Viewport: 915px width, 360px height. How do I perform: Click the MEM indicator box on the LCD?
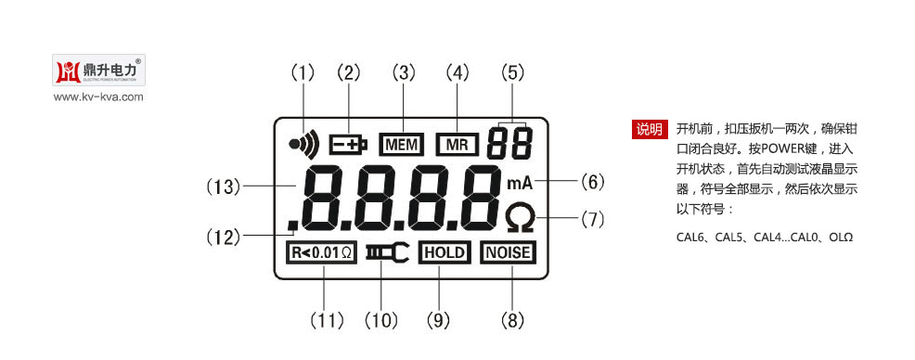(x=401, y=144)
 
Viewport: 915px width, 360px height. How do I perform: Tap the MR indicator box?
(x=457, y=144)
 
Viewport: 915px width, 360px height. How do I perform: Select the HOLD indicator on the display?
(x=445, y=252)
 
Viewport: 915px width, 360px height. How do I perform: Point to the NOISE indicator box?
(x=509, y=252)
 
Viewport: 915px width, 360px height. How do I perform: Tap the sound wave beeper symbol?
(x=303, y=143)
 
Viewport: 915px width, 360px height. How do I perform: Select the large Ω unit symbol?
(x=520, y=219)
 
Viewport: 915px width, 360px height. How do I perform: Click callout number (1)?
(x=303, y=72)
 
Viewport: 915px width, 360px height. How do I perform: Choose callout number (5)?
(x=512, y=72)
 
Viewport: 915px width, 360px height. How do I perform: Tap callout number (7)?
(x=592, y=220)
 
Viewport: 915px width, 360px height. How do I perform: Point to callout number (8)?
(x=512, y=321)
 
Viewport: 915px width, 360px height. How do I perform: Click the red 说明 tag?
(x=648, y=129)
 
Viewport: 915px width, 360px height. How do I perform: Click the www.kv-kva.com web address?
(x=98, y=96)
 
